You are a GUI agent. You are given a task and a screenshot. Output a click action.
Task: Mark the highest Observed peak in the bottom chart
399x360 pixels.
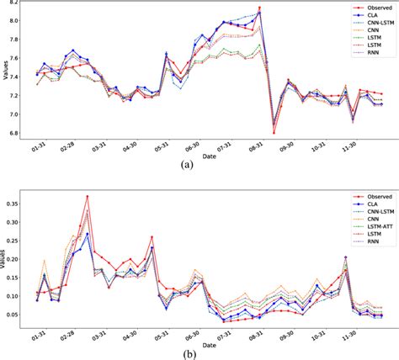(87, 197)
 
